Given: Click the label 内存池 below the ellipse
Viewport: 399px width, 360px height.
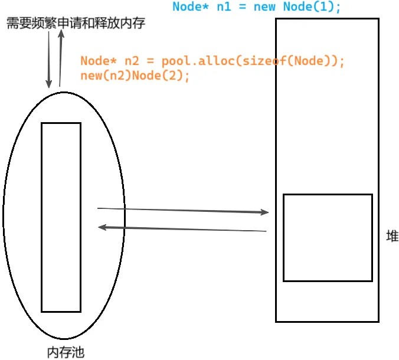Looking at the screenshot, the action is pyautogui.click(x=66, y=352).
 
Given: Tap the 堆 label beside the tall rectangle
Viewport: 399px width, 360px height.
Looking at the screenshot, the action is pyautogui.click(x=393, y=236).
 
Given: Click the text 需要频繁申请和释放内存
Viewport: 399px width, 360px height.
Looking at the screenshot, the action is pyautogui.click(x=76, y=23).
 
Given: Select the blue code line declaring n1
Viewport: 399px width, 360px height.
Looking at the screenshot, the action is pyautogui.click(x=257, y=6).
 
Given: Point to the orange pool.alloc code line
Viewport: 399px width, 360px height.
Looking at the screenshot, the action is pyautogui.click(x=212, y=61).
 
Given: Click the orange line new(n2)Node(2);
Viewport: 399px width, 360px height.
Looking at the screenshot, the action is pyautogui.click(x=135, y=76).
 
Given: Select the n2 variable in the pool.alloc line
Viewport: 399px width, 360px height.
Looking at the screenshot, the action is pyautogui.click(x=132, y=61).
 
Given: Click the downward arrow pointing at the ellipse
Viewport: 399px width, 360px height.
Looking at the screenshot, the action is pyautogui.click(x=48, y=60).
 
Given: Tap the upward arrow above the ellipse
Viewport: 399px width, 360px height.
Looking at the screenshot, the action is pyautogui.click(x=61, y=58).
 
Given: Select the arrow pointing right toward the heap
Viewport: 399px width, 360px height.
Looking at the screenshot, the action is pyautogui.click(x=183, y=211).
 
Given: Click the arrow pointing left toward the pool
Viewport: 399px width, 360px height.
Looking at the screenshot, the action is pyautogui.click(x=182, y=229).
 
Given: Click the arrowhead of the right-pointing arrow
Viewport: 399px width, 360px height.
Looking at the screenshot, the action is pyautogui.click(x=264, y=212).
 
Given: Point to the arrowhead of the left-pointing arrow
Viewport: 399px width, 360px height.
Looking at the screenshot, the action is pyautogui.click(x=102, y=227).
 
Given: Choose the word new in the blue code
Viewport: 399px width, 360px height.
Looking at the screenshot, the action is pyautogui.click(x=264, y=7).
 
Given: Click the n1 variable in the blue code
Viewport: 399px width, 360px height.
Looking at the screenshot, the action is pyautogui.click(x=224, y=7).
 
